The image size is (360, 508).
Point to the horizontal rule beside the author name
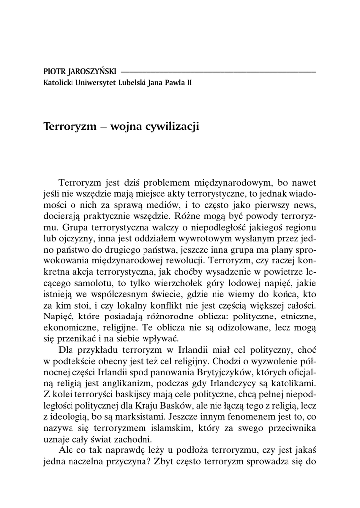(218, 72)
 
